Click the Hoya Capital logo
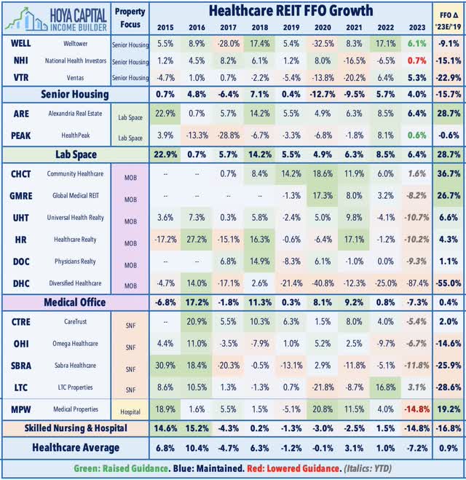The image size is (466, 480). click(x=55, y=17)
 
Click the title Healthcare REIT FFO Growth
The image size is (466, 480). click(x=290, y=10)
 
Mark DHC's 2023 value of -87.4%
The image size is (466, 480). click(x=416, y=282)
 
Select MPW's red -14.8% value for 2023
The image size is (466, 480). click(x=416, y=409)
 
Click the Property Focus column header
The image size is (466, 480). click(x=131, y=17)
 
